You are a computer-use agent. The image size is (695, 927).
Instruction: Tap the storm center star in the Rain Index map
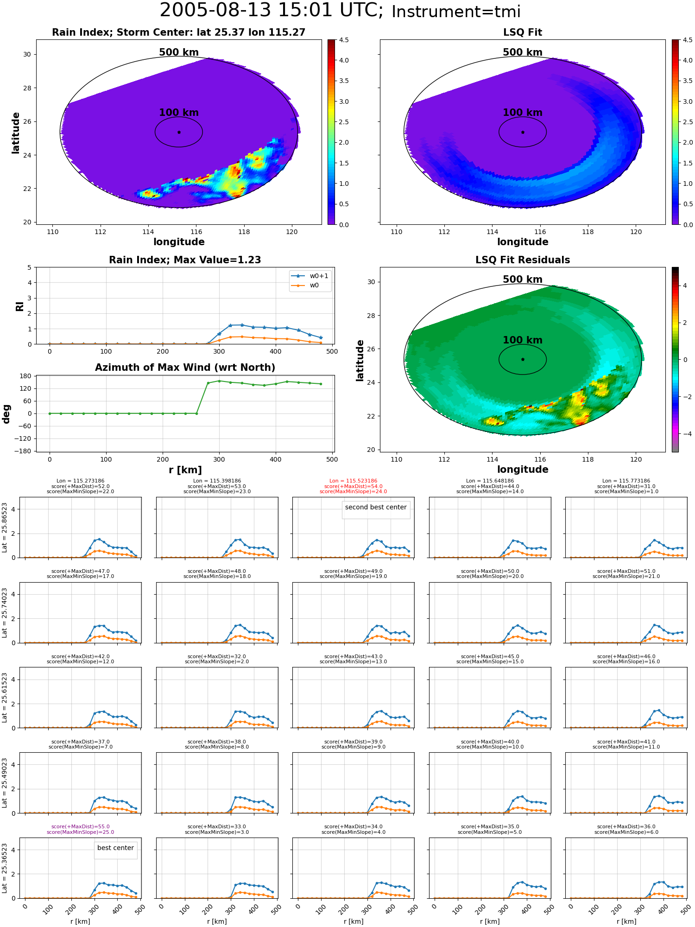[x=179, y=132]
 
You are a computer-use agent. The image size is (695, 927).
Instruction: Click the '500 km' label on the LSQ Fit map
[x=523, y=52]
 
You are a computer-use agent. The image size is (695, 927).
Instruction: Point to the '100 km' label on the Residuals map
[x=523, y=340]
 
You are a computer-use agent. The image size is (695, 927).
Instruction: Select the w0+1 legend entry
[x=310, y=276]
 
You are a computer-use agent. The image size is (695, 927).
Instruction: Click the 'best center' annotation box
[x=115, y=848]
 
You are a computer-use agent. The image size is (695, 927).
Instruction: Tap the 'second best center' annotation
[x=376, y=507]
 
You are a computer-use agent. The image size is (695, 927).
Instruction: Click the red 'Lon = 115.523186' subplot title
[x=353, y=481]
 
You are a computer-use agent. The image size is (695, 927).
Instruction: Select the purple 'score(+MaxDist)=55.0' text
[x=81, y=827]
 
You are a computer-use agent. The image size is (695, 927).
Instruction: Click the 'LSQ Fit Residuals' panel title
[x=523, y=260]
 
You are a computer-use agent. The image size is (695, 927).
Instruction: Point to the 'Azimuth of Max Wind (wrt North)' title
[x=185, y=368]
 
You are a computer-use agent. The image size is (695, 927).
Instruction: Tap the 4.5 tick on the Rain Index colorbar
[x=344, y=40]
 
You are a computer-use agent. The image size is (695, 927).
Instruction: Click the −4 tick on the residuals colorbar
[x=685, y=434]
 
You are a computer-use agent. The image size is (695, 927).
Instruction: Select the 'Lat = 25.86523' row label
[x=5, y=527]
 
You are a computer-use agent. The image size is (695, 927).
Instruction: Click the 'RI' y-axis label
[x=19, y=306]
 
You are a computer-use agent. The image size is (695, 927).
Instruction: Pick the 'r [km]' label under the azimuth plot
[x=185, y=470]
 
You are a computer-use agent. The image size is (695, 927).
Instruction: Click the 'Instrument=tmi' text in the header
[x=456, y=12]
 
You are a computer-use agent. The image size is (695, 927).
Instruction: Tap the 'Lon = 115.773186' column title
[x=626, y=481]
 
